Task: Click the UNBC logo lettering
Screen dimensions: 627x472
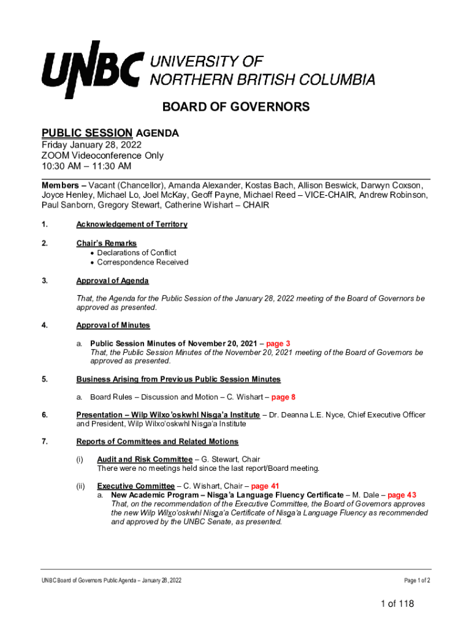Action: (93, 69)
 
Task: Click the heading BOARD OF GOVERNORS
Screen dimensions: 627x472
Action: (235, 108)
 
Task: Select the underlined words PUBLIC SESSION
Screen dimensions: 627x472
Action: (86, 133)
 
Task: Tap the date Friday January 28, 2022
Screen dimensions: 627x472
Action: (91, 145)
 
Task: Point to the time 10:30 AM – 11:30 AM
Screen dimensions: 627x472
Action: (86, 166)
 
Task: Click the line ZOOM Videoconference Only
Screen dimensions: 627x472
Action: (102, 156)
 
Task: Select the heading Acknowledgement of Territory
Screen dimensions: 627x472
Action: (131, 225)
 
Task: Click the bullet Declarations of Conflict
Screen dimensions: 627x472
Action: (136, 253)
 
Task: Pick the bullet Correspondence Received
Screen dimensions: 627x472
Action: (142, 263)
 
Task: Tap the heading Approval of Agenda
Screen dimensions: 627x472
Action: (112, 281)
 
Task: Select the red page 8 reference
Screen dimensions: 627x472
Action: (283, 397)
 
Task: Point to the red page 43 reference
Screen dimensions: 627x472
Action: (402, 495)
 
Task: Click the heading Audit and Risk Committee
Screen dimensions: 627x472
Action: (145, 459)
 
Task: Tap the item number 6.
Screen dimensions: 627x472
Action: (45, 415)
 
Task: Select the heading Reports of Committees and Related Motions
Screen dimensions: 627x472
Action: (157, 441)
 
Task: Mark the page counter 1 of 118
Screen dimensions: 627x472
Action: (397, 604)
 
